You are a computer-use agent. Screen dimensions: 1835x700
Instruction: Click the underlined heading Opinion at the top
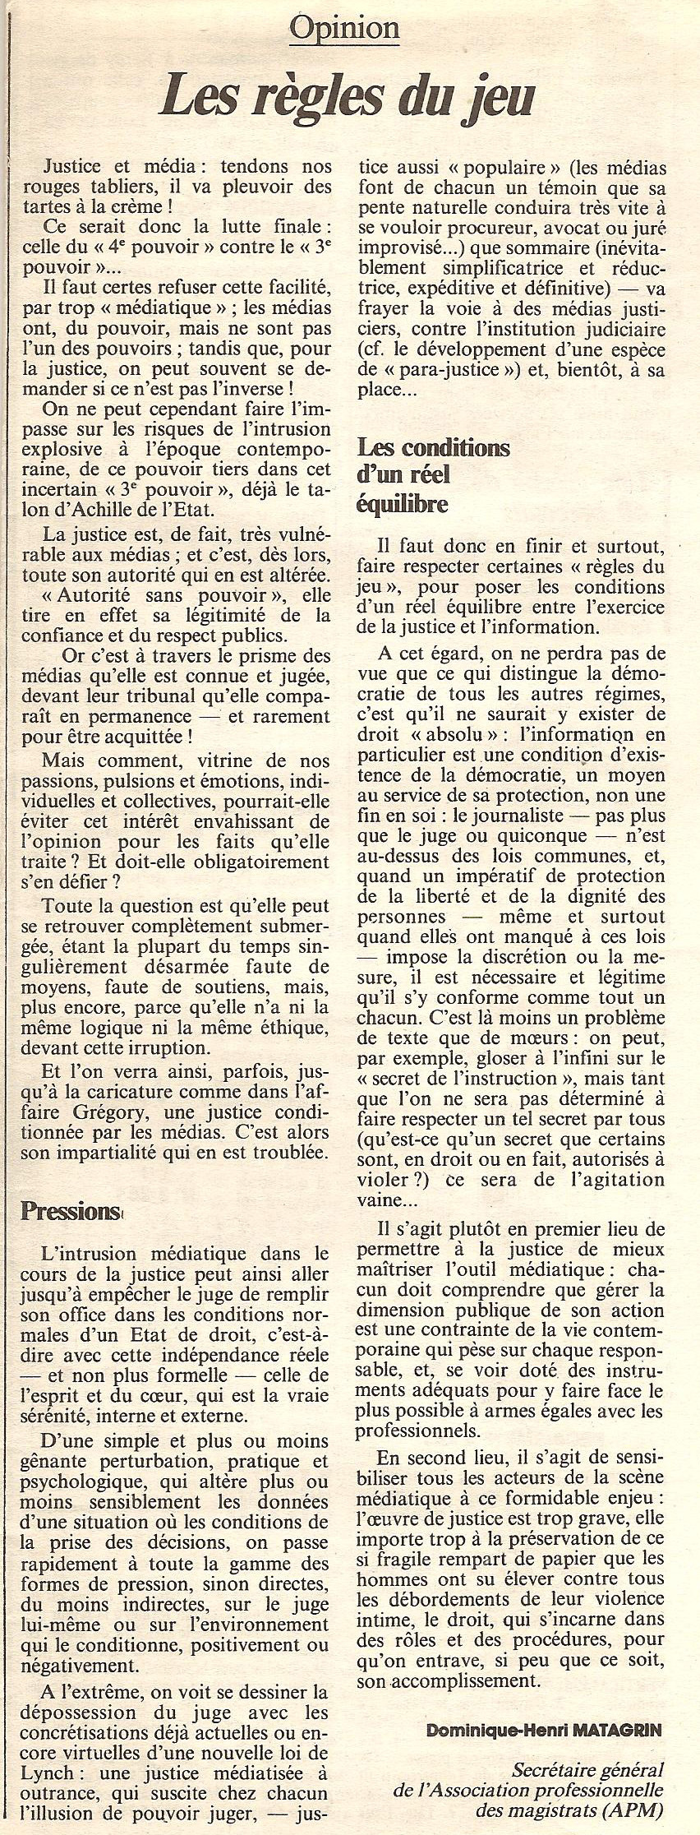coord(344,30)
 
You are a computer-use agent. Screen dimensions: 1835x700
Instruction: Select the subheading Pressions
coord(71,1211)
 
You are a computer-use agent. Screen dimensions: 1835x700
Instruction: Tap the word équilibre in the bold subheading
coord(403,502)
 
